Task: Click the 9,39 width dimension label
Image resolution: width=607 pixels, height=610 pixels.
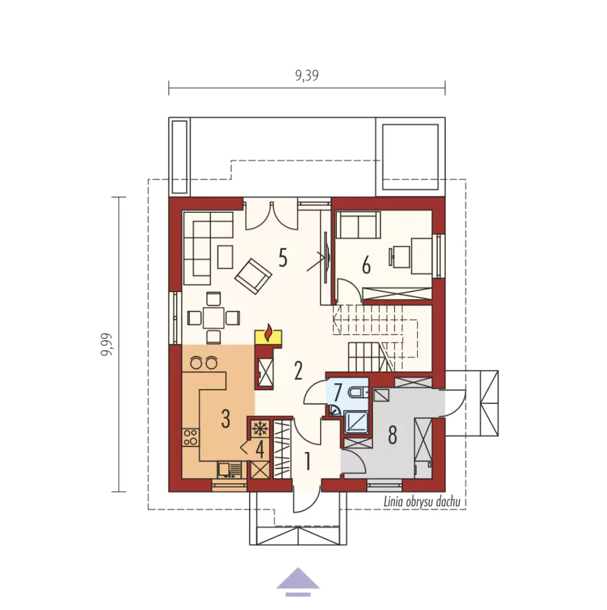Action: [307, 75]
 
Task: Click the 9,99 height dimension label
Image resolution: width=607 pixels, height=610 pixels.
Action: [107, 344]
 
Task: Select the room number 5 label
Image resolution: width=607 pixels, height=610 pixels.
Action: [283, 258]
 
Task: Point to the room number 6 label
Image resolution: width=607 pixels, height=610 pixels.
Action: [366, 266]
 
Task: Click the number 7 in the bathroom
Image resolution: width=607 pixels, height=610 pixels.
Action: [337, 393]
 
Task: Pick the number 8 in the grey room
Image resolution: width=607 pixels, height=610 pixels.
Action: [392, 434]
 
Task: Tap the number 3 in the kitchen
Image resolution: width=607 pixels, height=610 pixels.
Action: [225, 418]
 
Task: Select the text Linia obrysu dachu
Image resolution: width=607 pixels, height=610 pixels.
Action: [422, 502]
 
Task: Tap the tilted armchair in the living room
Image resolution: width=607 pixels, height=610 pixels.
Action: [253, 276]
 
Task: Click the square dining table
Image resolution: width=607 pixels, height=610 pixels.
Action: [213, 318]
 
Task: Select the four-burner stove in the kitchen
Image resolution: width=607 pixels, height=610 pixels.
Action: [190, 437]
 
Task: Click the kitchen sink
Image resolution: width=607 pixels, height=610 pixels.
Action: [229, 469]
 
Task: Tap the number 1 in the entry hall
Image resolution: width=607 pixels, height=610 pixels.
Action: [308, 461]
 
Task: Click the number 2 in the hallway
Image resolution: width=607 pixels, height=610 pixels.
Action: [298, 371]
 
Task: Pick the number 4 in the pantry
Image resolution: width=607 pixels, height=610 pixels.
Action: [260, 450]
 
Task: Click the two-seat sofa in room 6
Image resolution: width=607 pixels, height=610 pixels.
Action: [358, 225]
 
